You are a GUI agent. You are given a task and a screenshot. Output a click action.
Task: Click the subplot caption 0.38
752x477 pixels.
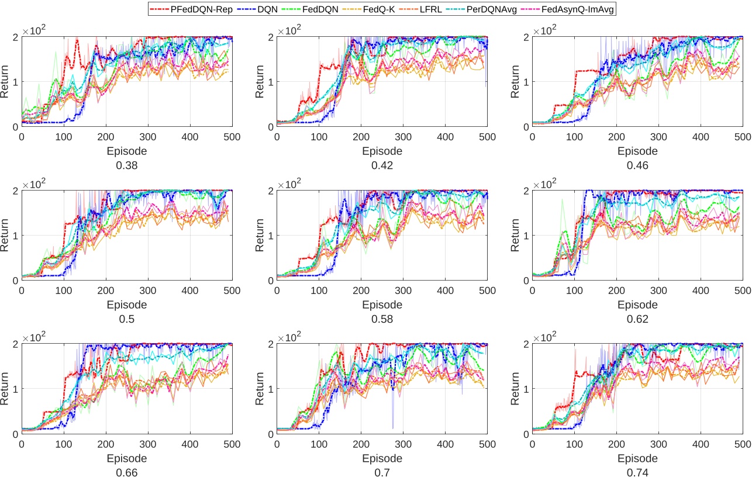point(127,165)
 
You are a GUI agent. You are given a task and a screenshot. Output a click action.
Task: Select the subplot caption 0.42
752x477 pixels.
point(382,165)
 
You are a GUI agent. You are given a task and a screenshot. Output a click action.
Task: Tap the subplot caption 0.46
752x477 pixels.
point(637,165)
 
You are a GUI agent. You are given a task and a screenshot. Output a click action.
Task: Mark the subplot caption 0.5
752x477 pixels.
point(127,319)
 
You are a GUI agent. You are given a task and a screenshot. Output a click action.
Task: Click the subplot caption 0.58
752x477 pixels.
point(382,319)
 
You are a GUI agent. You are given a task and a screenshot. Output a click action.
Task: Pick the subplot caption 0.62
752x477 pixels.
point(637,319)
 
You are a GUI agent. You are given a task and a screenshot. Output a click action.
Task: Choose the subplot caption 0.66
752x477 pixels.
point(127,472)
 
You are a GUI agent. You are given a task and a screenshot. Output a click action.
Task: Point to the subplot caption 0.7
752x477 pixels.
point(382,472)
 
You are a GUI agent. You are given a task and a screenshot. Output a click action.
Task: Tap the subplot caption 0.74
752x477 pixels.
point(637,472)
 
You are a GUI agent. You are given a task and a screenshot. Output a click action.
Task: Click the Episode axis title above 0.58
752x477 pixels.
point(382,305)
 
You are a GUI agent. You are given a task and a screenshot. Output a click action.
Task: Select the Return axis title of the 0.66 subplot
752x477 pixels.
point(5,389)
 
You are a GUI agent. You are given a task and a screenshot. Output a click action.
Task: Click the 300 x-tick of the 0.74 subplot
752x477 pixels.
point(658,444)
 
